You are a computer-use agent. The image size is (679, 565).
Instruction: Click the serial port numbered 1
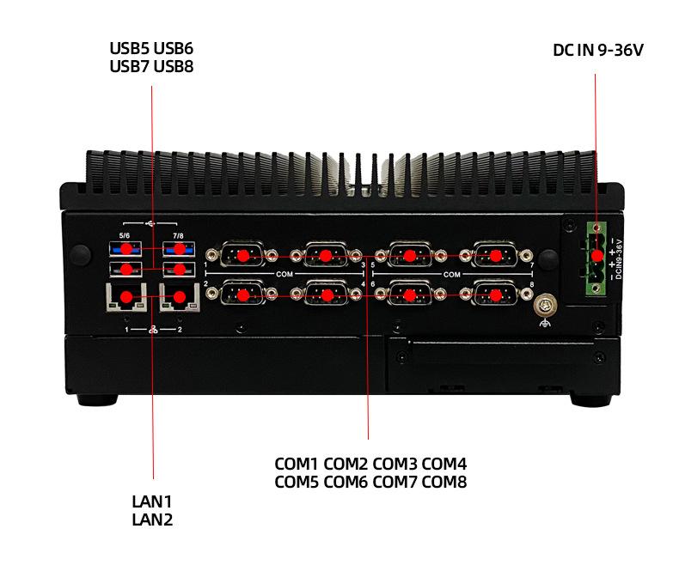point(243,255)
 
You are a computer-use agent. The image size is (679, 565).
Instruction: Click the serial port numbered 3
point(326,255)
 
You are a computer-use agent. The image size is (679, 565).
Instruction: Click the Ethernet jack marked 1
point(126,299)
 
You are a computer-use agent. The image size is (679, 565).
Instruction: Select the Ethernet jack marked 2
point(180,299)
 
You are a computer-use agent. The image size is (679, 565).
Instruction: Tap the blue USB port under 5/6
point(126,249)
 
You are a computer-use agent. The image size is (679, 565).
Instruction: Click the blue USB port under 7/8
point(180,249)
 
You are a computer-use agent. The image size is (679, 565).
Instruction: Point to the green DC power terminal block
point(597,256)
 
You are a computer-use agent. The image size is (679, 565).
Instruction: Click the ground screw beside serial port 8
point(543,305)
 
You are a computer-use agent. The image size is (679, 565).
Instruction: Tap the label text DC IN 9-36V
point(598,51)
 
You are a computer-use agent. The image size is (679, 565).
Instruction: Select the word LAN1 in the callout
point(152,501)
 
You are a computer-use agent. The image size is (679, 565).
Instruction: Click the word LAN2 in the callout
point(152,519)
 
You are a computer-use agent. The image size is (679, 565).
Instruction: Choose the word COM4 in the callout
point(443,465)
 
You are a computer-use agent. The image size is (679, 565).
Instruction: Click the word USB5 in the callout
point(129,47)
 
